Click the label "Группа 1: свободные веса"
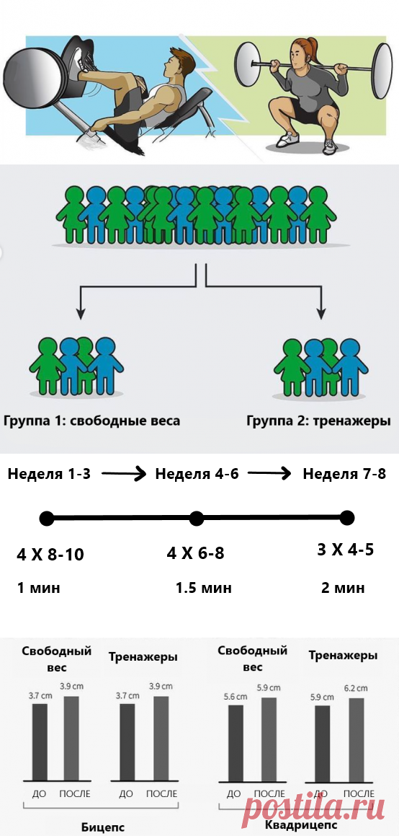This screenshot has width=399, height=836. tap(91, 421)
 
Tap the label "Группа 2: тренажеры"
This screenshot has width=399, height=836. tap(322, 421)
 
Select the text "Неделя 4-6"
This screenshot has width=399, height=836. tap(197, 474)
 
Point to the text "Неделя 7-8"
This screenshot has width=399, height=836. tap(344, 474)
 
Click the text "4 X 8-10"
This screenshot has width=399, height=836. tap(50, 555)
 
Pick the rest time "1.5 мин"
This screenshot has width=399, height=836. tap(204, 588)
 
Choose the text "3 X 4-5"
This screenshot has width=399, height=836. tap(345, 550)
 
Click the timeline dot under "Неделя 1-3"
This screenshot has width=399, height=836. tap(47, 518)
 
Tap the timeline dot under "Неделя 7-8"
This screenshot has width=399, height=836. tap(347, 517)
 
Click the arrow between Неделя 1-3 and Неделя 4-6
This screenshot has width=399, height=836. tap(122, 474)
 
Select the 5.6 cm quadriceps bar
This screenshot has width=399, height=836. tap(236, 743)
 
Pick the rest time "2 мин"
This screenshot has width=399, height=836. tap(343, 588)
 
